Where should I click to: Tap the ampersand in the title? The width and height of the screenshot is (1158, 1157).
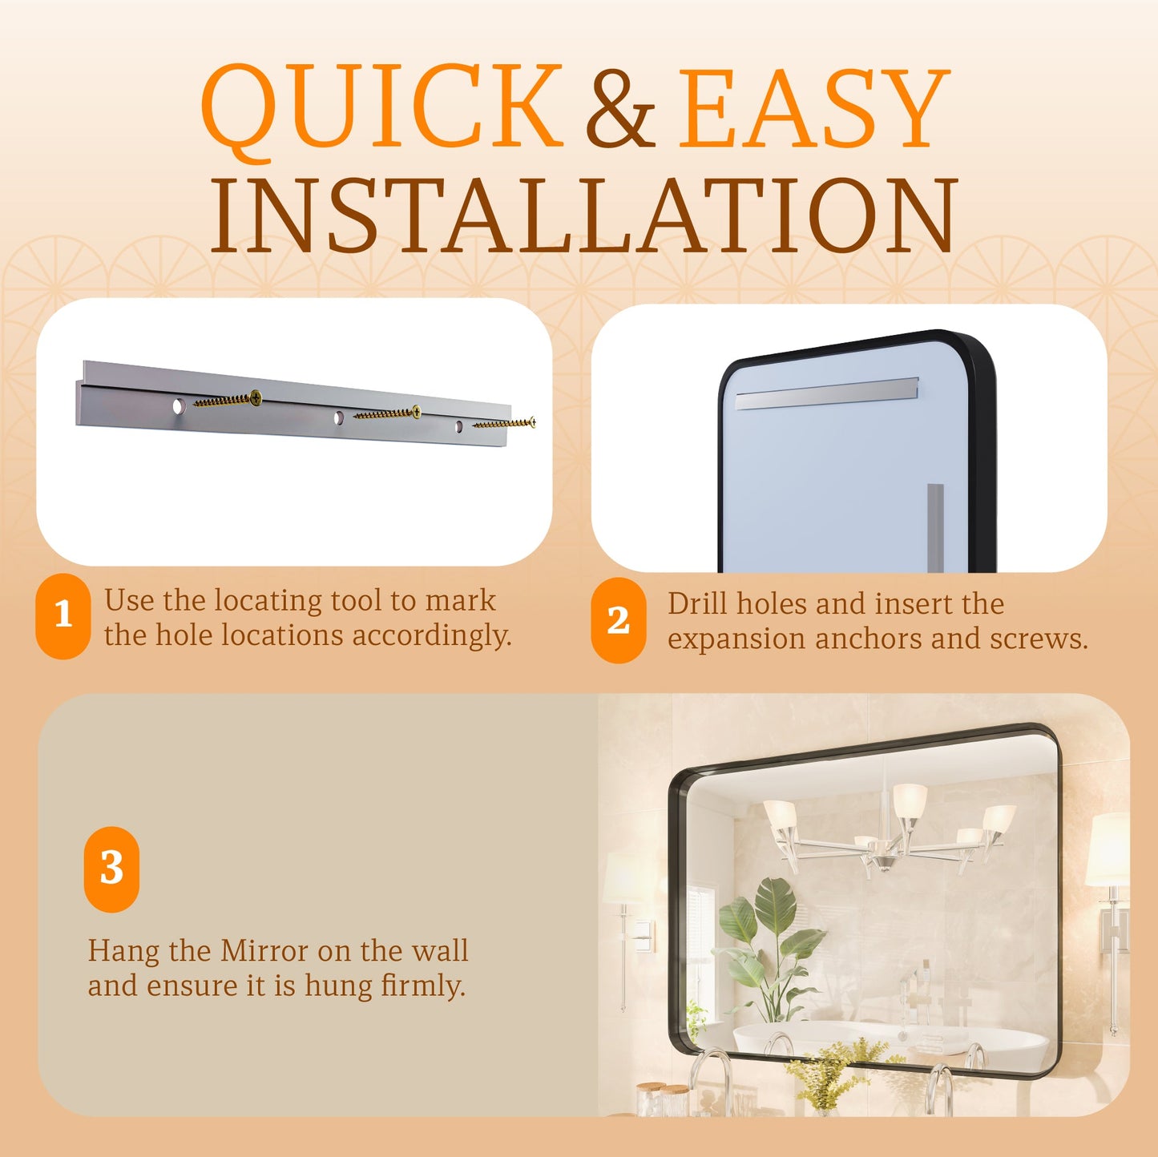click(621, 107)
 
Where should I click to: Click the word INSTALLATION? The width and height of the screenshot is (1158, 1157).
click(583, 215)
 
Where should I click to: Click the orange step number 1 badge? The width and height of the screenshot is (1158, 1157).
click(63, 616)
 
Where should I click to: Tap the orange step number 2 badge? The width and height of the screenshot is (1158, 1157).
click(619, 620)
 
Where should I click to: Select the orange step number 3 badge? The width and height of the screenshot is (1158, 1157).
click(111, 869)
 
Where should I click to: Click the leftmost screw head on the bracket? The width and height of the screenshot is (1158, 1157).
click(256, 397)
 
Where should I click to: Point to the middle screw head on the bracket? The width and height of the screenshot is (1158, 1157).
click(416, 411)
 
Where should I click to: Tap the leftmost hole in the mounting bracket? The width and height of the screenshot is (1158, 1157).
click(179, 406)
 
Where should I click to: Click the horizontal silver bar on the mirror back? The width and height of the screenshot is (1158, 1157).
click(827, 393)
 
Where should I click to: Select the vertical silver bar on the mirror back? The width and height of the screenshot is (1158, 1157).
click(936, 527)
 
